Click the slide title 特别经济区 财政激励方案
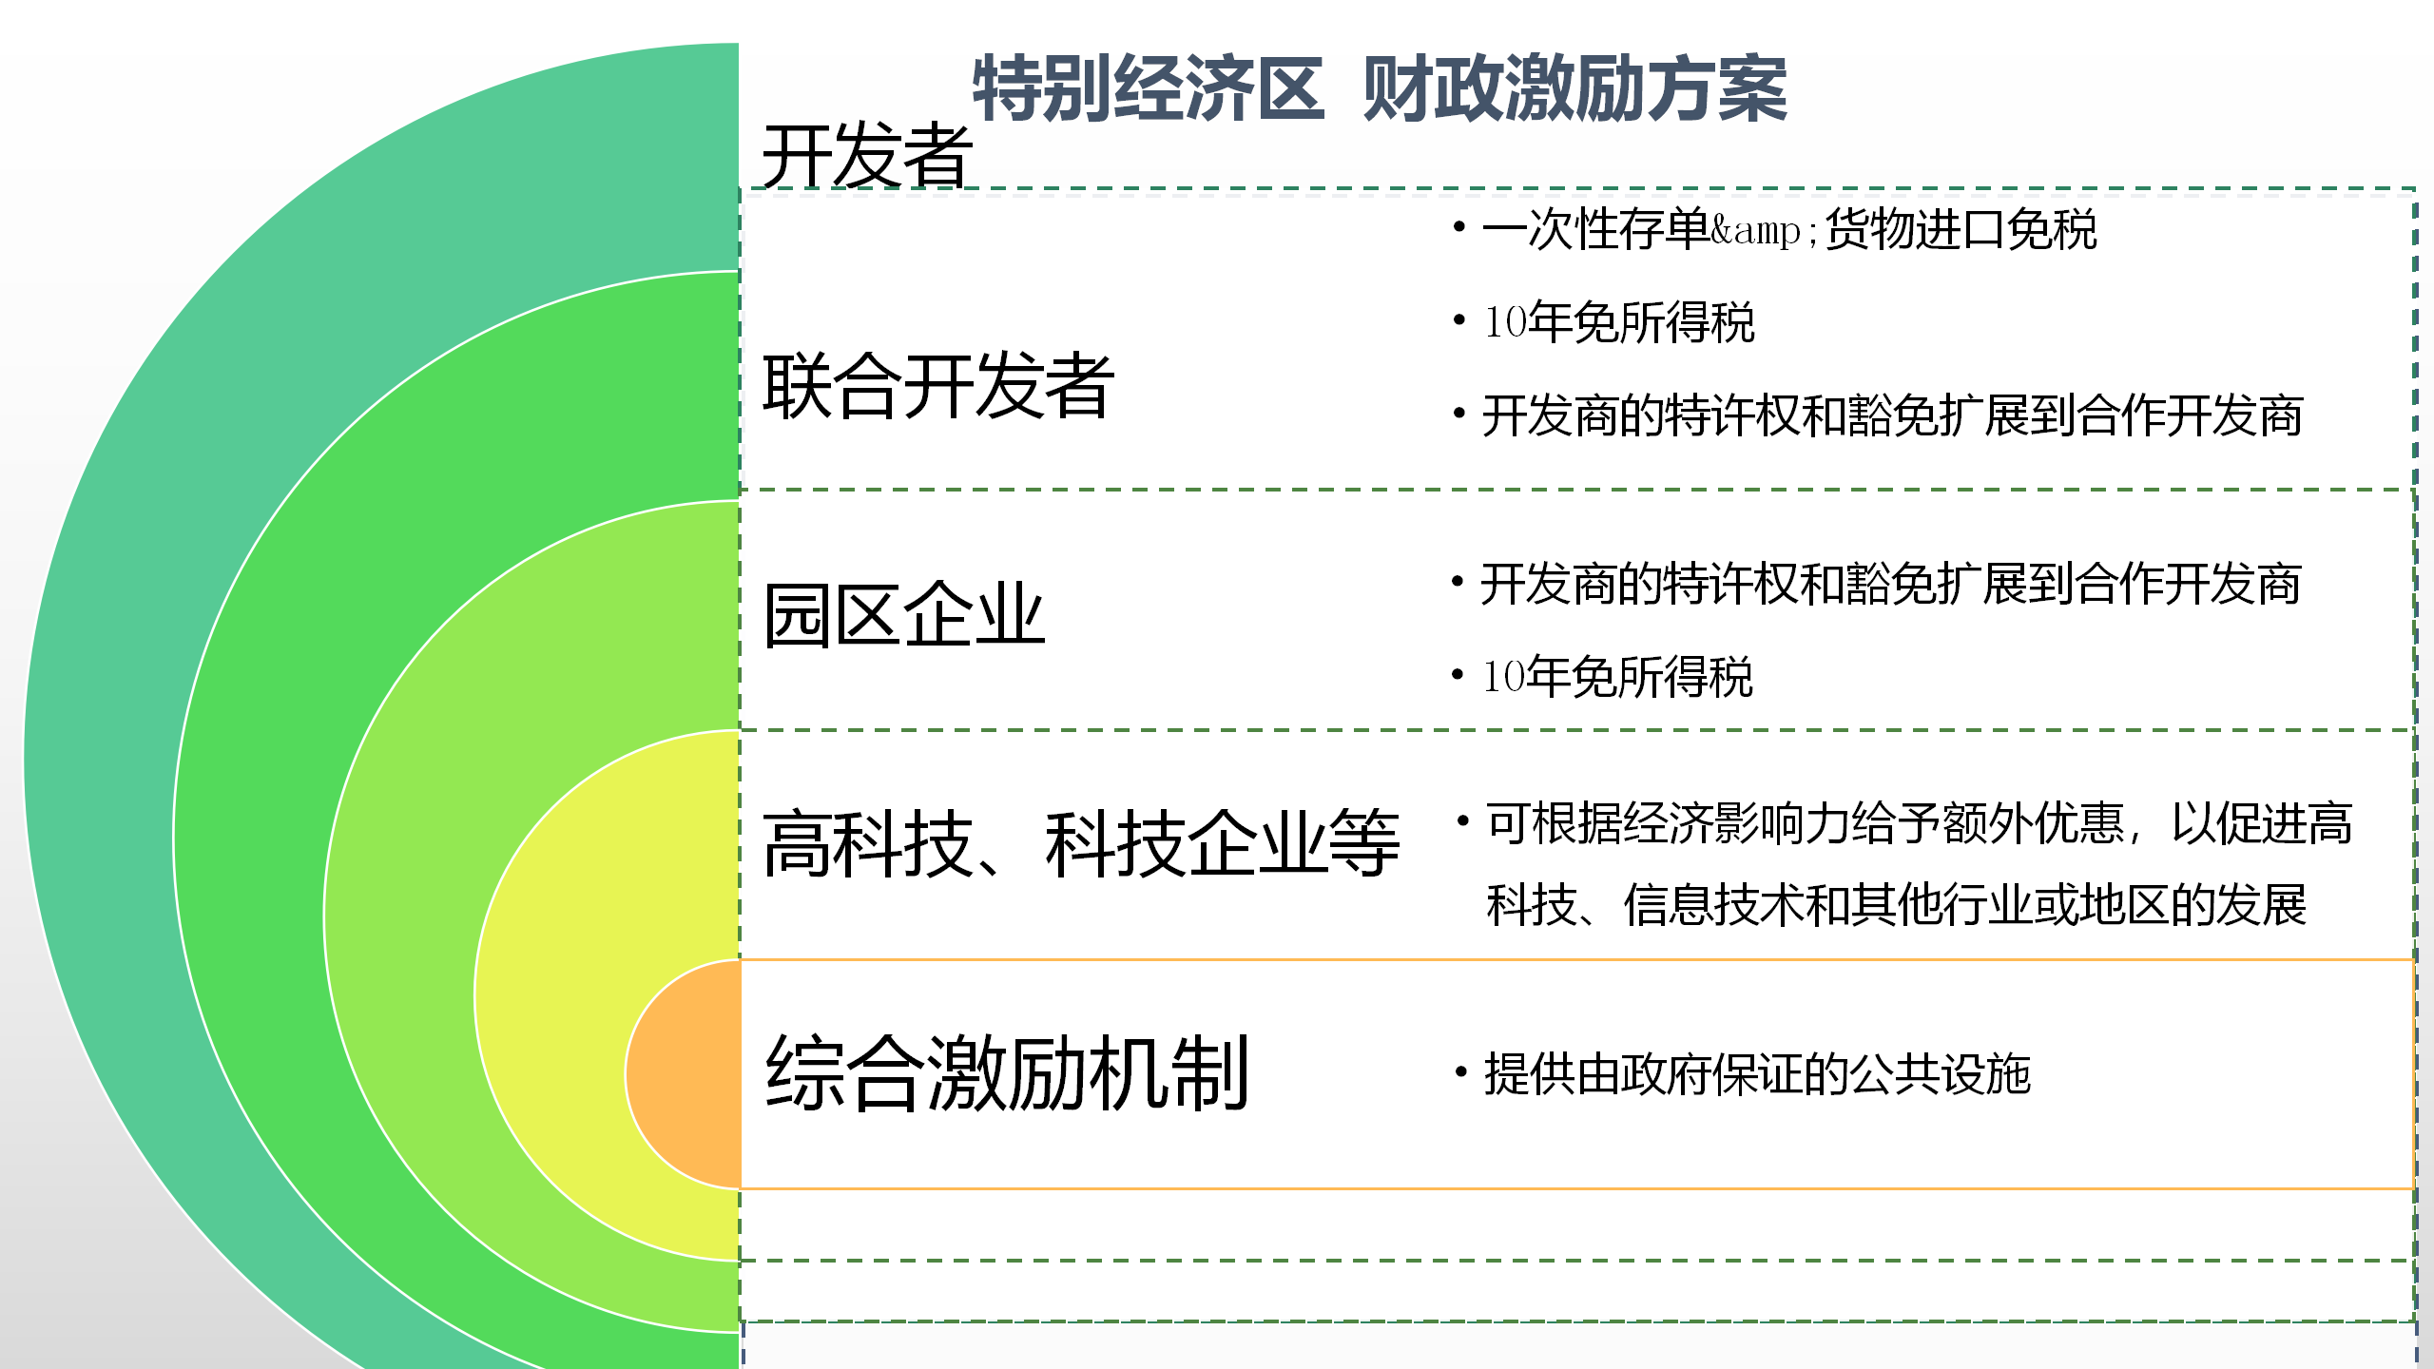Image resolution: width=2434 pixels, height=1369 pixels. pos(1380,88)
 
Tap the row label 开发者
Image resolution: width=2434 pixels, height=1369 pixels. pos(867,155)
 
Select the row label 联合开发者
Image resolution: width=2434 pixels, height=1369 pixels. pos(938,385)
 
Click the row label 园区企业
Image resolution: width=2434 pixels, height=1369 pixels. pos(903,615)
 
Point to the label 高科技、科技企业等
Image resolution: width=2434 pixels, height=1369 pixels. pos(1081,844)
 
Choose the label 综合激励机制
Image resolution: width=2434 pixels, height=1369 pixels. pos(1007,1073)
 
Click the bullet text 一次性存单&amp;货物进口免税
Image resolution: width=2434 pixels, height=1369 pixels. pos(1788,229)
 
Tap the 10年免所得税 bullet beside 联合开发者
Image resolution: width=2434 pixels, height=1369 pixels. pos(1618,322)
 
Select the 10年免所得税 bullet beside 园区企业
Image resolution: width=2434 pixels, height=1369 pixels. pos(1617,677)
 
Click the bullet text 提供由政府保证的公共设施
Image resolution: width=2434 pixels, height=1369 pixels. pos(1757,1074)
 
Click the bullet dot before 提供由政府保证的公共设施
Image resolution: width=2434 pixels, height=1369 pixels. pos(1460,1072)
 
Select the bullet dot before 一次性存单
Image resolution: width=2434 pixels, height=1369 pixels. pos(1458,226)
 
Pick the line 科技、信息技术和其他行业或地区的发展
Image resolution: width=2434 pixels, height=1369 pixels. pos(1896,904)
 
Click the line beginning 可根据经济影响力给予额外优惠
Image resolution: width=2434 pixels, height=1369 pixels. pos(1920,823)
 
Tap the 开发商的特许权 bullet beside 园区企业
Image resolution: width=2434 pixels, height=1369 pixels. pos(1890,584)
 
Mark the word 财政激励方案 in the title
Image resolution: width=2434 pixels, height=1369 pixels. pos(1575,88)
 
